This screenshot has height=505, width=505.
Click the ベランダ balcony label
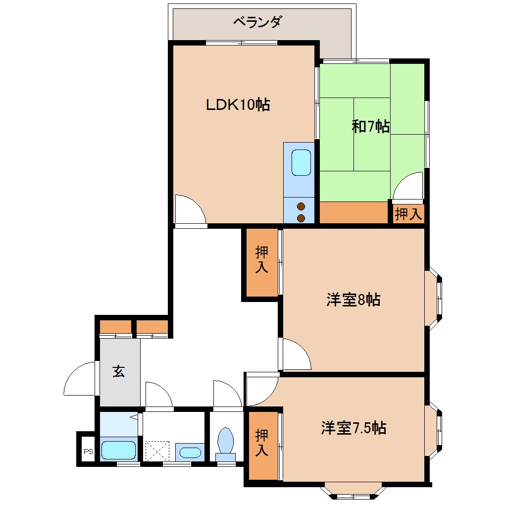click(x=257, y=22)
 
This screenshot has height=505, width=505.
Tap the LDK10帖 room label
click(x=238, y=104)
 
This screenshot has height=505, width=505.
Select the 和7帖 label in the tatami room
click(x=370, y=127)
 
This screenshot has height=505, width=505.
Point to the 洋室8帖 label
click(x=353, y=300)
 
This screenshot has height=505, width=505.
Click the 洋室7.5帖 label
click(x=353, y=427)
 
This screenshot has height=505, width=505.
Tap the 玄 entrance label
click(x=119, y=371)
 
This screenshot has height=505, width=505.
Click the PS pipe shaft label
click(x=88, y=451)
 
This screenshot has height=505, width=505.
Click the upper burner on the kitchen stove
click(x=301, y=206)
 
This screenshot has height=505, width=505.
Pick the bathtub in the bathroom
click(x=118, y=450)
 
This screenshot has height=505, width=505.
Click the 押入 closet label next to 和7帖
click(x=409, y=214)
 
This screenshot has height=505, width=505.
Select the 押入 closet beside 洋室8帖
click(x=261, y=261)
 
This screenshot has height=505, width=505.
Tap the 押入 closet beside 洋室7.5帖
click(x=262, y=443)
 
